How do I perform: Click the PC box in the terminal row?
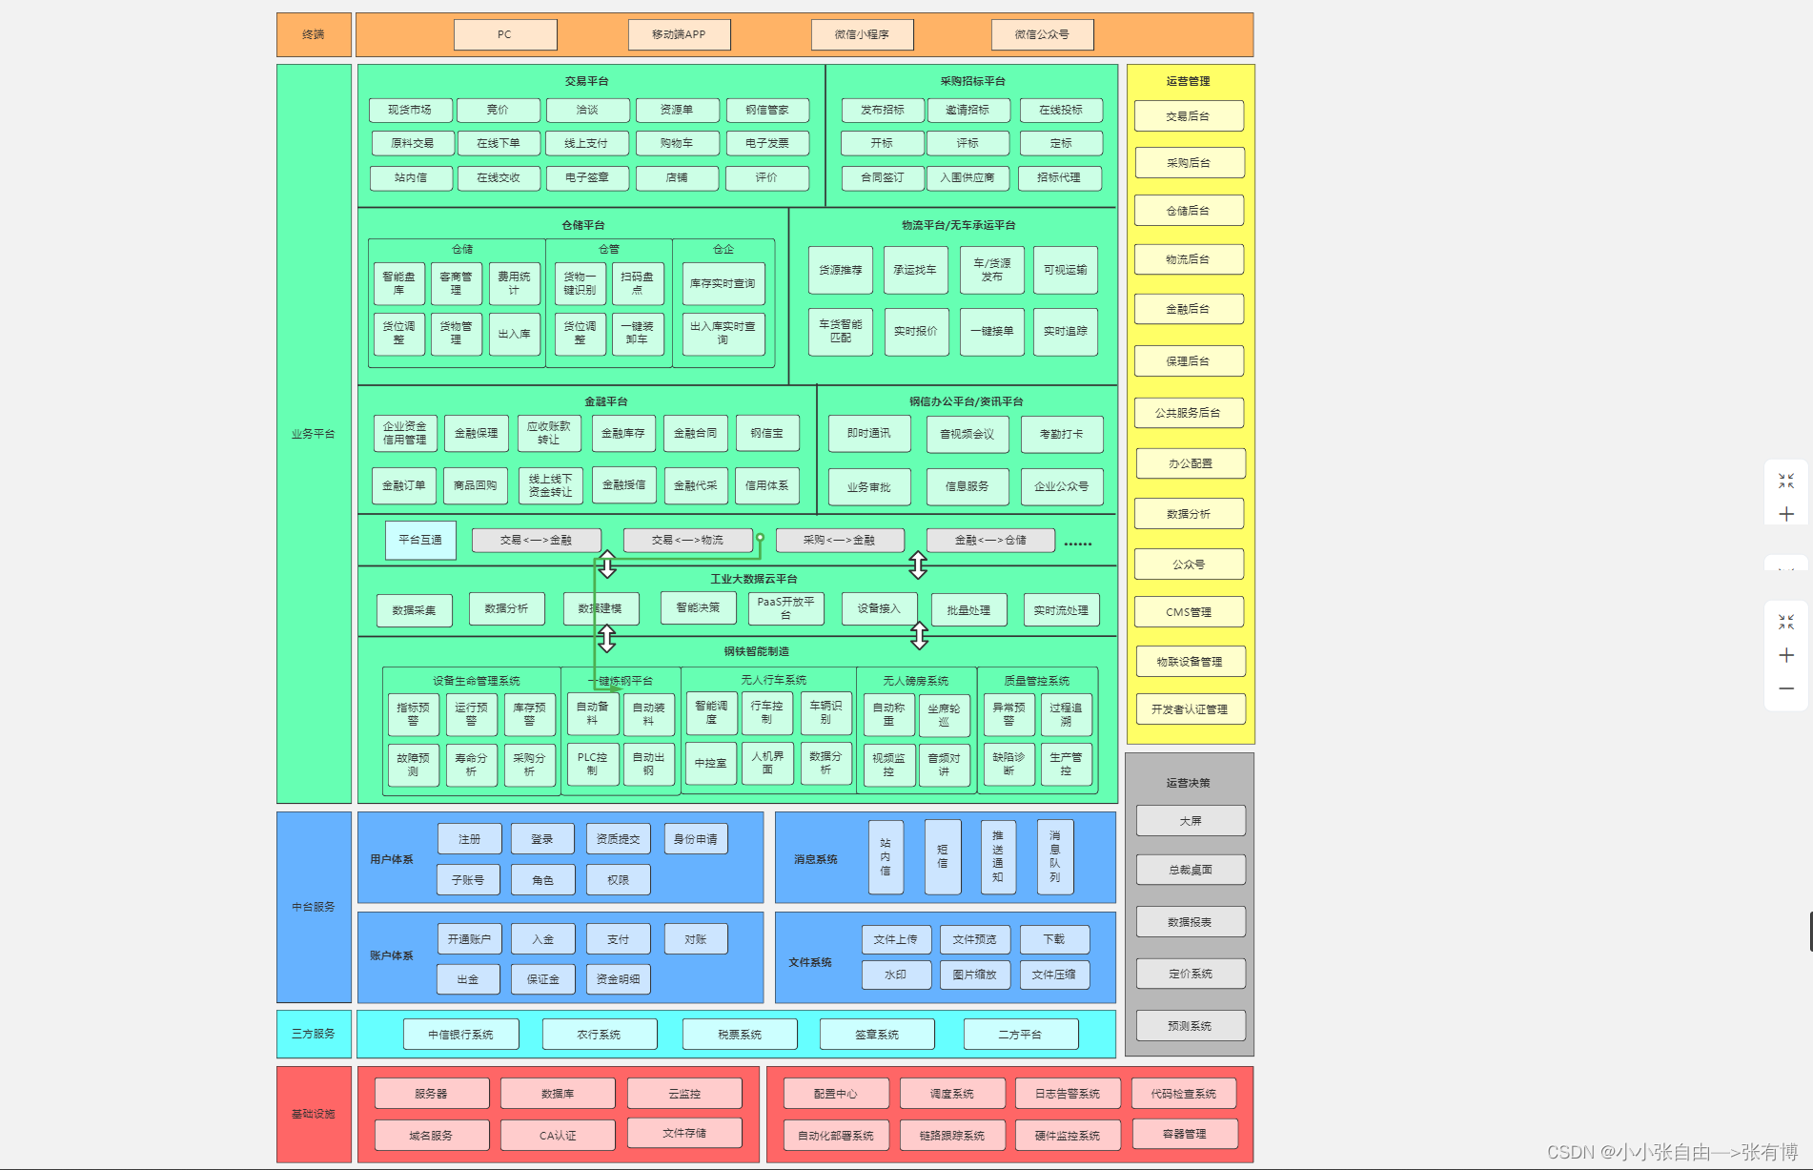coord(505,34)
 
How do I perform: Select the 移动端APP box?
coord(679,34)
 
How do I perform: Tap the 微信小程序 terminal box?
coord(862,34)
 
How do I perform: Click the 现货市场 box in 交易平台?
coord(410,110)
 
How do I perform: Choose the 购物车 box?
coord(677,143)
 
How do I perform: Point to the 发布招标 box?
coord(882,110)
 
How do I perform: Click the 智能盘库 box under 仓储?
coord(398,283)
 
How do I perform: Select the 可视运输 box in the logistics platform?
coord(1065,270)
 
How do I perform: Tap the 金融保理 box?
coord(476,433)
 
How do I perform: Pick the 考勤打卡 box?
coord(1061,434)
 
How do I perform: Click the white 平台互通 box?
coord(420,540)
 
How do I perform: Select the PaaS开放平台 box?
coord(785,607)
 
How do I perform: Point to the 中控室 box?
coord(710,763)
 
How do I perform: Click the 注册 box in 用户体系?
coord(469,839)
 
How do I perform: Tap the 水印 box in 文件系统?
coord(895,975)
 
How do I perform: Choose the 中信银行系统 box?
coord(460,1035)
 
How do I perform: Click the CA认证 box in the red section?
coord(558,1135)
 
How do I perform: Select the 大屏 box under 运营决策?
coord(1190,821)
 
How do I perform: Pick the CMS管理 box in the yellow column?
coord(1189,612)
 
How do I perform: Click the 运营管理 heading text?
coord(1188,81)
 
